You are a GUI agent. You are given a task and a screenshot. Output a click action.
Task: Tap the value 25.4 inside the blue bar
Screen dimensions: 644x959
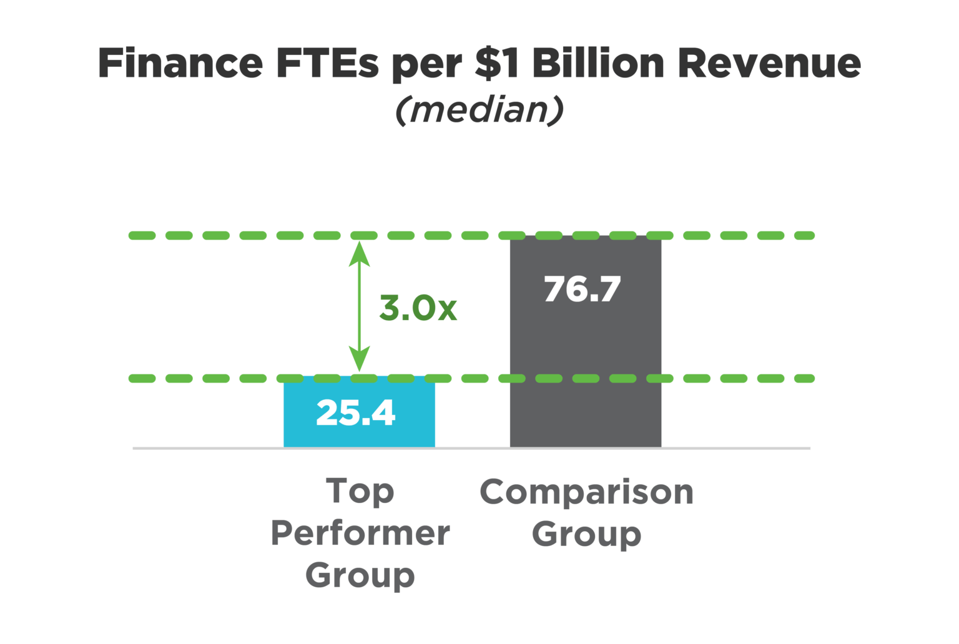pos(356,413)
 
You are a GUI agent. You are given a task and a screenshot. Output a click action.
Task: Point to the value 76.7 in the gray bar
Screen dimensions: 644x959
pos(582,290)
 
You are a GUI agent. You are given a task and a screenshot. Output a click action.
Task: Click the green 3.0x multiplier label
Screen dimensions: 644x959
pos(418,308)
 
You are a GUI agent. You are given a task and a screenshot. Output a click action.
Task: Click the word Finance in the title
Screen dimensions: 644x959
pos(180,64)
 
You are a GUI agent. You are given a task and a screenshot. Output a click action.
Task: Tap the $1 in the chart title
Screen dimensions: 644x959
pos(497,64)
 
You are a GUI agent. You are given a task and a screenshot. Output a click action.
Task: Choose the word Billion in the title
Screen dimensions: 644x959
pos(598,64)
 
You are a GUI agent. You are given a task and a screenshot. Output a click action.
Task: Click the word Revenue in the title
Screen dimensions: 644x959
pos(769,64)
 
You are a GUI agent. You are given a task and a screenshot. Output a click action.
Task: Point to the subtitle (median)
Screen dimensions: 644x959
pos(479,110)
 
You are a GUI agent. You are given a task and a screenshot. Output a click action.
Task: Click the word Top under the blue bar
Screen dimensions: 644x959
pos(360,492)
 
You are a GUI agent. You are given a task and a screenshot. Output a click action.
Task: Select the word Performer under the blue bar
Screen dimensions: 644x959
pos(360,534)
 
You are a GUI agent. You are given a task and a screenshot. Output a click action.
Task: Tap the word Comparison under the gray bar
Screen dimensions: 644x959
pos(586,492)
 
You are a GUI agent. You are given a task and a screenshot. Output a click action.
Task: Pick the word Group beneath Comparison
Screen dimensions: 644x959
pos(586,535)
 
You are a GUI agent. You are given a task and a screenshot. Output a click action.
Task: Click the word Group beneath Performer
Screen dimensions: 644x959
pos(360,575)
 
